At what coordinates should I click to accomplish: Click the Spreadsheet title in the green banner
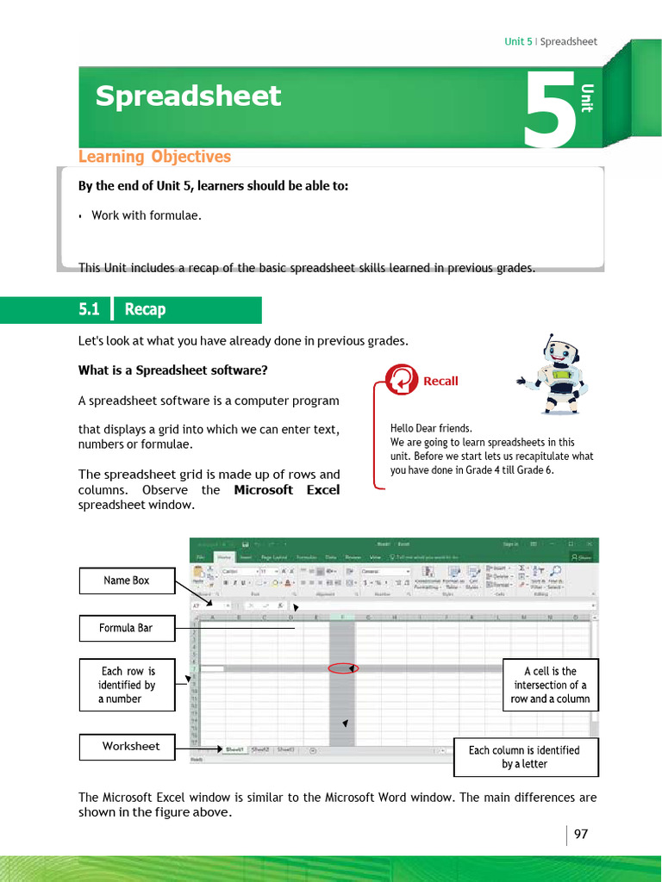188,96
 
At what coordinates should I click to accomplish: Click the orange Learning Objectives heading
154,157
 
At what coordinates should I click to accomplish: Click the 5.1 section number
90,309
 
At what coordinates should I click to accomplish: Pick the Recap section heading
145,309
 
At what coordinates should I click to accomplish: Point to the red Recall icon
401,380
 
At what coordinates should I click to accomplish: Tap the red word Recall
440,381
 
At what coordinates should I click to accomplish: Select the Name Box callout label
127,581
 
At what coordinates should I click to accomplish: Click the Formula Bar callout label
127,628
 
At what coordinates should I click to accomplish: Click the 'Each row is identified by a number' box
127,685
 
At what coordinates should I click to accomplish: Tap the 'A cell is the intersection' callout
550,685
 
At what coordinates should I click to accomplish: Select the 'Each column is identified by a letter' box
524,757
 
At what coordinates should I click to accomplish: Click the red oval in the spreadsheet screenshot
342,668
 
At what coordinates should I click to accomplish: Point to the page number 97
581,835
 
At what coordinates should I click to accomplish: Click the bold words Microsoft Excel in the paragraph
286,490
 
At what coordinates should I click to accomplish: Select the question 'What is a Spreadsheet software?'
173,370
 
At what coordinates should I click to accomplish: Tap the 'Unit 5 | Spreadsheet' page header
550,41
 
